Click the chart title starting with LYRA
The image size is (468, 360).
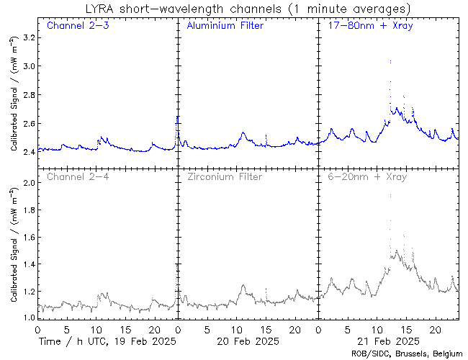tap(246, 9)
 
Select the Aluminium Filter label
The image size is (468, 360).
tap(225, 26)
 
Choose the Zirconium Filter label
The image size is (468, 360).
tap(224, 176)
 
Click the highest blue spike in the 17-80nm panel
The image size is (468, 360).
tap(390, 62)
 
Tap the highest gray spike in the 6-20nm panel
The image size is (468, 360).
tap(390, 194)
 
